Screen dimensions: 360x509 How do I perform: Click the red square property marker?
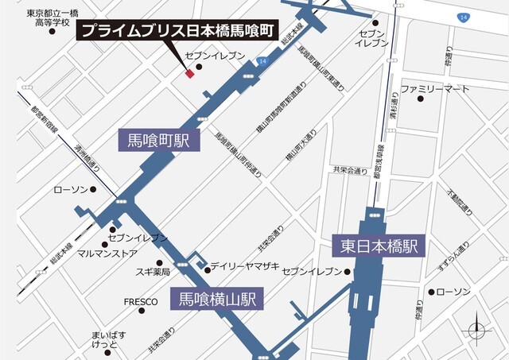pyautogui.click(x=189, y=74)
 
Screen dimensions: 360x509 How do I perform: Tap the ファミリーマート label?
pyautogui.click(x=435, y=89)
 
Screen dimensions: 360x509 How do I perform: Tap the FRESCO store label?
pyautogui.click(x=140, y=303)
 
